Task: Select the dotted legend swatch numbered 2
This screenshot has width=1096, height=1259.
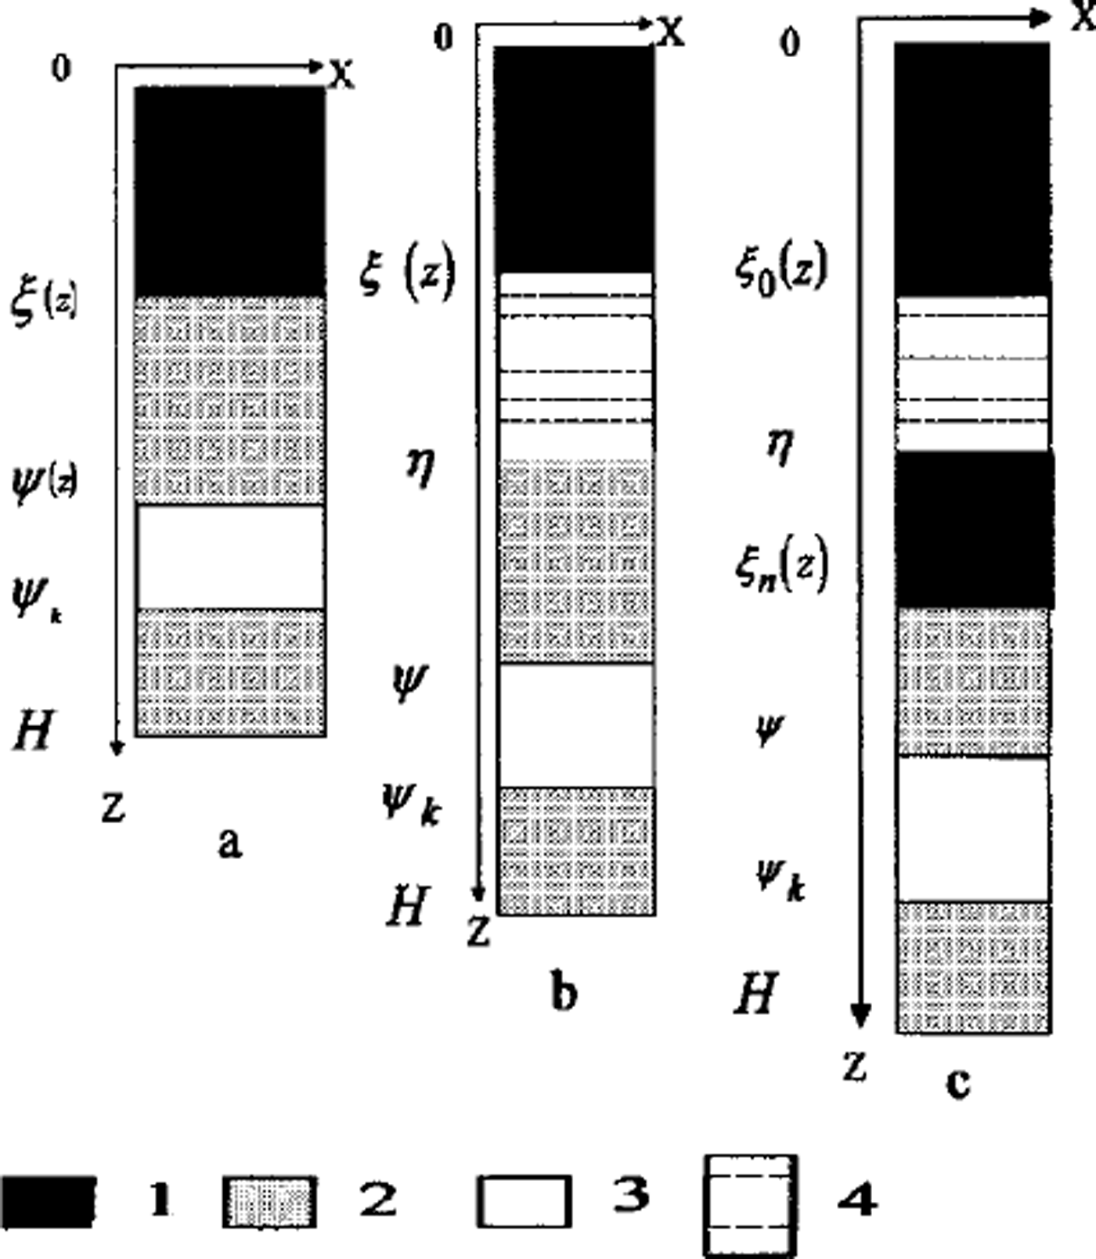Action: (269, 1202)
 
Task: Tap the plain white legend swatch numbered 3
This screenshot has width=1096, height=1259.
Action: (523, 1200)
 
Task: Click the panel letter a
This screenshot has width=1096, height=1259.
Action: (229, 844)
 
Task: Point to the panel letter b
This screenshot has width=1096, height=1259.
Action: (564, 993)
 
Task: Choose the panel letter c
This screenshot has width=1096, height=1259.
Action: (958, 1082)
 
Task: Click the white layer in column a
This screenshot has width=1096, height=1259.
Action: (230, 556)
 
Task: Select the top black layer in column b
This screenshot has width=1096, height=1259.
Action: (574, 159)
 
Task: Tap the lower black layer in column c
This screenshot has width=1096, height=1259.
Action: (974, 529)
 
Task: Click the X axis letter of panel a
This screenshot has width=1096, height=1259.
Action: (341, 74)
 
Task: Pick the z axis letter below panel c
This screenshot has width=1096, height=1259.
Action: (856, 1065)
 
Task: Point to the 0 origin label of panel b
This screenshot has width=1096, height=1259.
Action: (444, 37)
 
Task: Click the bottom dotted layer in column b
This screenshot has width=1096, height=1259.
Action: (575, 850)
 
